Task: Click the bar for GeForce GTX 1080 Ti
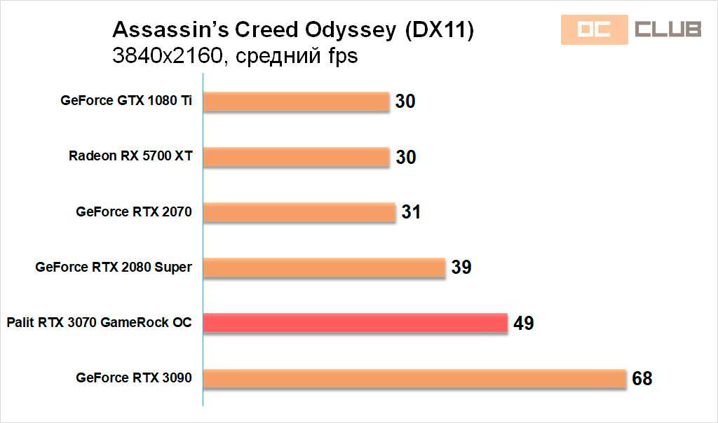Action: (296, 101)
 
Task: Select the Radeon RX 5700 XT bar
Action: (296, 156)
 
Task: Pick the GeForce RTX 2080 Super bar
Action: (324, 267)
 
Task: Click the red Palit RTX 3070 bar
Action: (355, 322)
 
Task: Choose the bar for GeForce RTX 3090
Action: (414, 378)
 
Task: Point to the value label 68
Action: (642, 379)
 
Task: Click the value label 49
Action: (523, 323)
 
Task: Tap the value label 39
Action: (461, 268)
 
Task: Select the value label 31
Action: (411, 212)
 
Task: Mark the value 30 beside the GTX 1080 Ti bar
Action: (405, 102)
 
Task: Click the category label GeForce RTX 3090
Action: (133, 378)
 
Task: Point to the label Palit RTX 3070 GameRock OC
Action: (99, 322)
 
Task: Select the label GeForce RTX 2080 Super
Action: (113, 267)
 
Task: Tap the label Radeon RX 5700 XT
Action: (130, 156)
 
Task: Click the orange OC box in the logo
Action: (594, 29)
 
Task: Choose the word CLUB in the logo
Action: (668, 29)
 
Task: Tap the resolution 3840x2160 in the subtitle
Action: (166, 55)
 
